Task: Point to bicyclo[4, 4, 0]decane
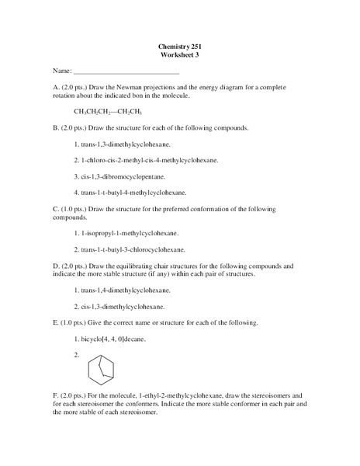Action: (112, 339)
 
